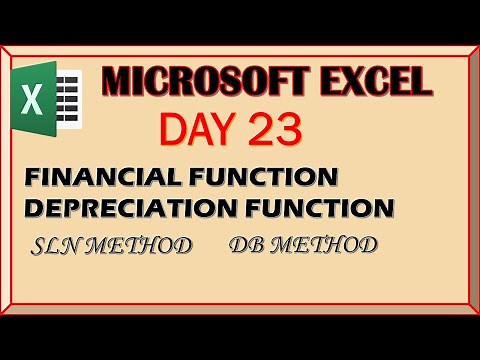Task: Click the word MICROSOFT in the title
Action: (x=194, y=81)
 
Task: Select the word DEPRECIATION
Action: (x=126, y=208)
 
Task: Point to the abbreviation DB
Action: (x=244, y=246)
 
